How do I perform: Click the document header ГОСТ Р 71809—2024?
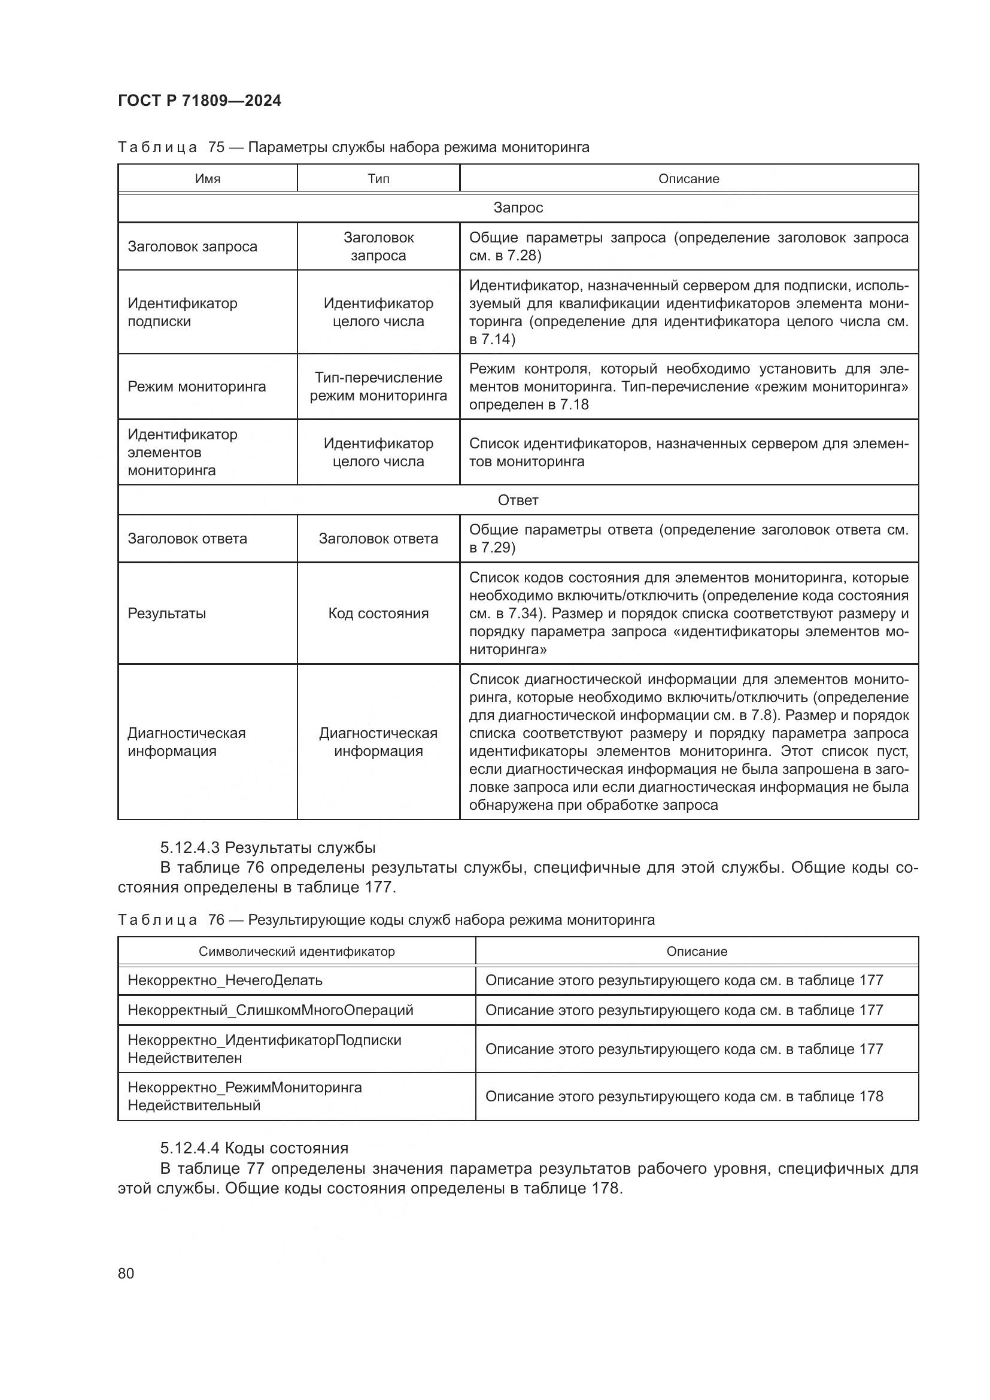point(199,101)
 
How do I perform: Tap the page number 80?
point(126,1273)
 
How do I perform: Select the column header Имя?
point(207,178)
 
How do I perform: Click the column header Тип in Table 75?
point(378,178)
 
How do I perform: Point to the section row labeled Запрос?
point(518,208)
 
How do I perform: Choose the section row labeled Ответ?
point(518,500)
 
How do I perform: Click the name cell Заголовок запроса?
point(192,247)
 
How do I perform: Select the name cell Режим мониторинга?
point(196,387)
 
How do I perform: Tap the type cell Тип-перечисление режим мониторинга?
point(378,387)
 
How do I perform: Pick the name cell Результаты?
point(166,614)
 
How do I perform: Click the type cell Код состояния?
point(378,614)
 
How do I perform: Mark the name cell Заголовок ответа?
point(187,539)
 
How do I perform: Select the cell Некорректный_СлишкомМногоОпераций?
point(270,1010)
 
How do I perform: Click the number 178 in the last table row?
point(870,1097)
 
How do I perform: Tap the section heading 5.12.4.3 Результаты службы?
point(268,848)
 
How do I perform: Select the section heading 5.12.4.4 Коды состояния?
point(254,1148)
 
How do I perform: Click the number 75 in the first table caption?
point(216,148)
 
